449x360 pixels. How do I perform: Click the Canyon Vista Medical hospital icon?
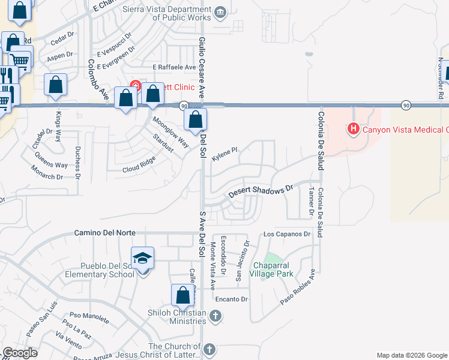point(354,129)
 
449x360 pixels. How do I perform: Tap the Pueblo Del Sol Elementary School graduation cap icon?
point(143,258)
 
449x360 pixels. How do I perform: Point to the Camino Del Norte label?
point(105,232)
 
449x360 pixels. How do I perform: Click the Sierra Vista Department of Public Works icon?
point(220,11)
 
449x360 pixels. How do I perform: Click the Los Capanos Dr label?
point(287,233)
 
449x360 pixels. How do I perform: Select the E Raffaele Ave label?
point(174,67)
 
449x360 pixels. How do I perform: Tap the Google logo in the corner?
point(19,353)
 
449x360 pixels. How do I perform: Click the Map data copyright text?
point(411,355)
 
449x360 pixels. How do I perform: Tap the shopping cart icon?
point(20,60)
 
